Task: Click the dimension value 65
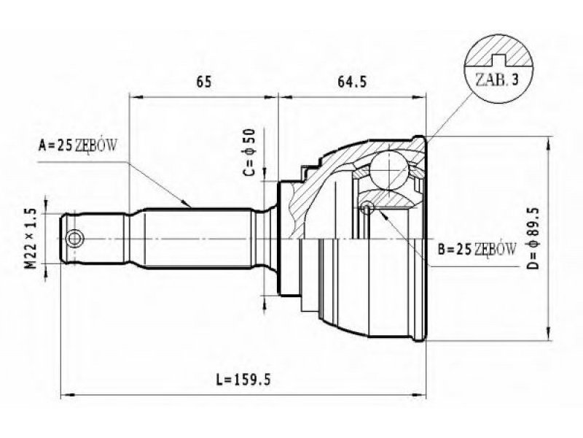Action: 204,82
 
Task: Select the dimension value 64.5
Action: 351,82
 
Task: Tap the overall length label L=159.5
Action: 243,380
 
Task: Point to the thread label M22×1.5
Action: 31,239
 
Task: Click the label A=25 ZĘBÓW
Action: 77,145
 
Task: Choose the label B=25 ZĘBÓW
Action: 477,249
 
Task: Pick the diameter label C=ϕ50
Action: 249,152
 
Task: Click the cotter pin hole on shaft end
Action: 74,239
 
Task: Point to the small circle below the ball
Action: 368,207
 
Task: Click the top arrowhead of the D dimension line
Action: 548,143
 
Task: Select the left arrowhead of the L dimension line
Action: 67,394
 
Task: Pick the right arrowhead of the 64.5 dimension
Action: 418,98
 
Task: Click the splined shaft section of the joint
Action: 197,239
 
